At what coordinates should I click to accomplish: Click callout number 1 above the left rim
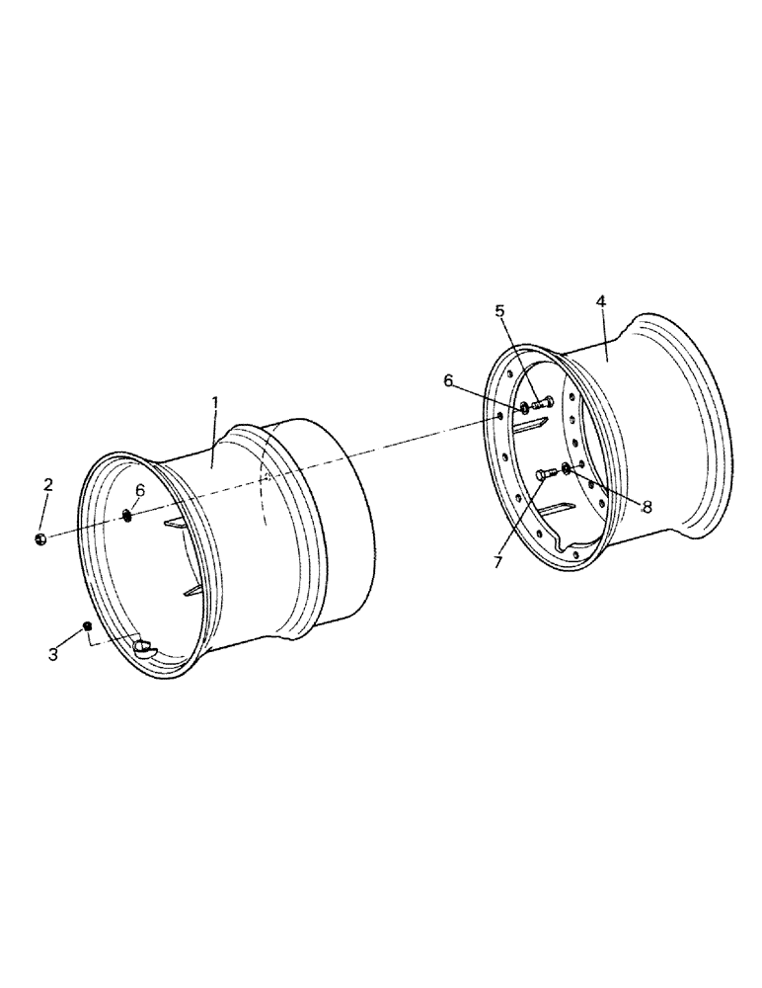tap(215, 404)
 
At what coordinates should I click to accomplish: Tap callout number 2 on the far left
tap(47, 486)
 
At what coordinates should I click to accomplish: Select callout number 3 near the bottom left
tap(53, 653)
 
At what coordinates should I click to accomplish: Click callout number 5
tap(500, 311)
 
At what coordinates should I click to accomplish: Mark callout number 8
tap(647, 507)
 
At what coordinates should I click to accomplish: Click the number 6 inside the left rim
tap(139, 490)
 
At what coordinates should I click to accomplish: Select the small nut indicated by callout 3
tap(88, 626)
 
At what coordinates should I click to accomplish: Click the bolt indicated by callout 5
tap(541, 403)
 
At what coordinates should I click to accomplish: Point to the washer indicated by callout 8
tap(567, 467)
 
